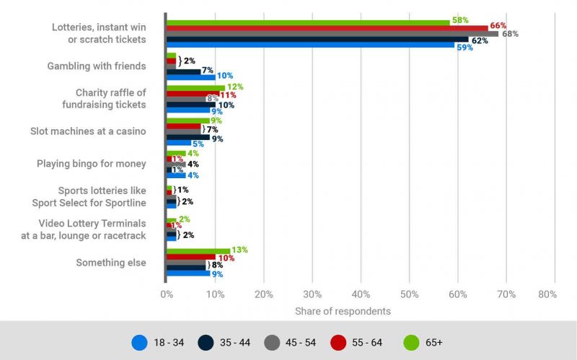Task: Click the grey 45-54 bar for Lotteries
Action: [x=332, y=34]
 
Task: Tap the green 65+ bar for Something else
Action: [x=198, y=250]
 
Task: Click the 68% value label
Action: [x=510, y=34]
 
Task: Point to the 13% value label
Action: [x=239, y=250]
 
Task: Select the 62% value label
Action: [x=480, y=41]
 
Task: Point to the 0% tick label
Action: [x=167, y=294]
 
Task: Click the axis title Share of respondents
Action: [x=343, y=311]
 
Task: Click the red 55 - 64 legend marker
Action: [x=340, y=342]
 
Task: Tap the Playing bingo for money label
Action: [x=91, y=164]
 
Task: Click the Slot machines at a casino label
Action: [x=88, y=131]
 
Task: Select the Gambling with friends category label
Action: [x=97, y=66]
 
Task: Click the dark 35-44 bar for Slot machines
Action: [x=188, y=137]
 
